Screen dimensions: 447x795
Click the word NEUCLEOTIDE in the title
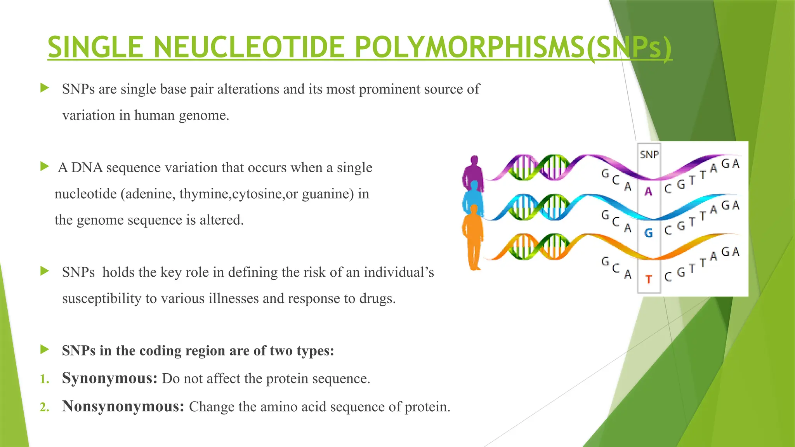[x=249, y=47]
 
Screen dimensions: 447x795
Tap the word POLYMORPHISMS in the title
[x=469, y=47]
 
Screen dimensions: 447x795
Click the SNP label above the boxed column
[x=649, y=155]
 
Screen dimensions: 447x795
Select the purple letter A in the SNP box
[x=648, y=191]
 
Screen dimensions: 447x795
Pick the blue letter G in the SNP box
[x=648, y=233]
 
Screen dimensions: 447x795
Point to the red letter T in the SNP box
[x=648, y=279]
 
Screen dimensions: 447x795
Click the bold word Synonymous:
[x=109, y=378]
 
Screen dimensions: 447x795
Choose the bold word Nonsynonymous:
[x=123, y=406]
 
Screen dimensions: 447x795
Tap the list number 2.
[x=44, y=407]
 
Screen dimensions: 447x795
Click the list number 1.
[x=44, y=379]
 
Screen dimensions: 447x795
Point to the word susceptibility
[x=102, y=299]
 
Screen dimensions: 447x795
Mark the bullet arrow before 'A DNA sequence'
[x=45, y=167]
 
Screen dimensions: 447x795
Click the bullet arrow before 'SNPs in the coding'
[x=45, y=350]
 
